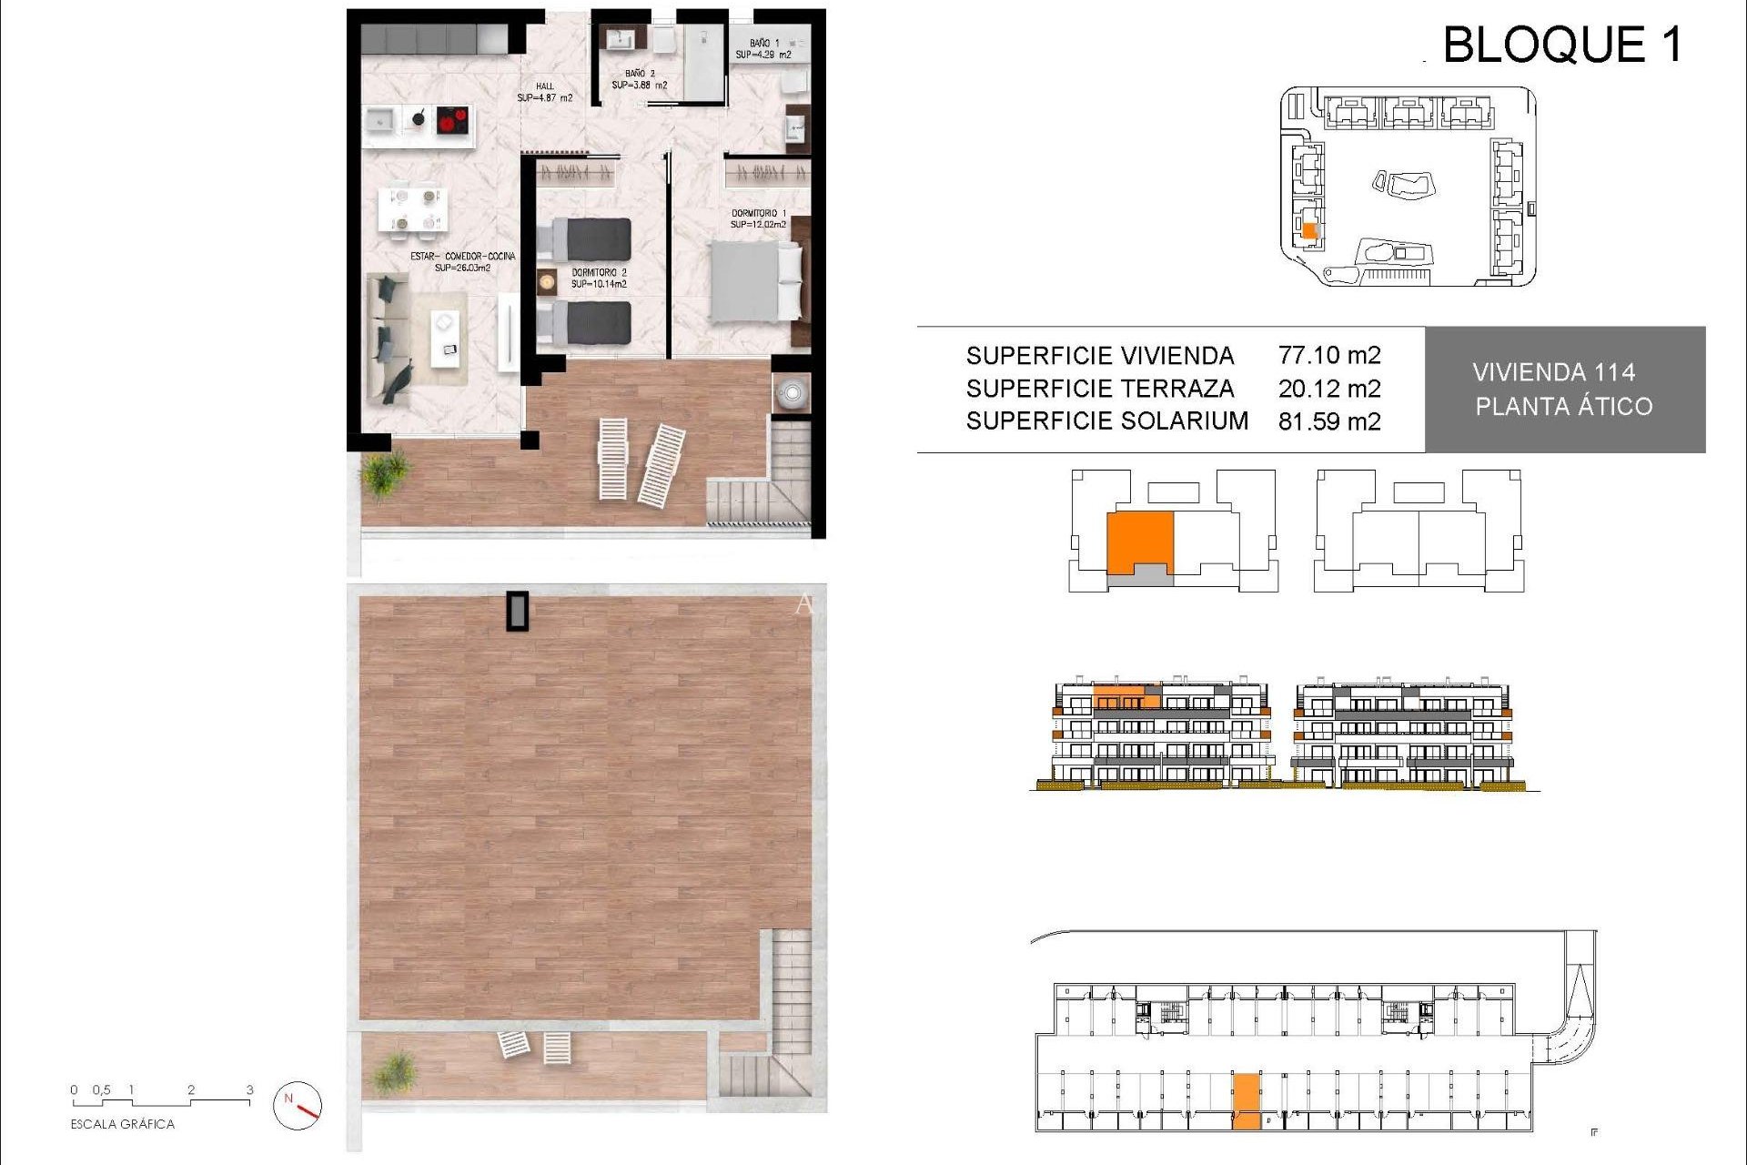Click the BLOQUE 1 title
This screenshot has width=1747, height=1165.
(1562, 44)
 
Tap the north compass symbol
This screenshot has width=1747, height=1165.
(298, 1105)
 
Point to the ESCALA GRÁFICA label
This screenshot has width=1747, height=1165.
(122, 1124)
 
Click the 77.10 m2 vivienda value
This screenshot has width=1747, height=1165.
(1329, 355)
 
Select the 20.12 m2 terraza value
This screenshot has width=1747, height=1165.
(1329, 389)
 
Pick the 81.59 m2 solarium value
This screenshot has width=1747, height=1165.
(1329, 421)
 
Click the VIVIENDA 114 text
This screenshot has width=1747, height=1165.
(1553, 372)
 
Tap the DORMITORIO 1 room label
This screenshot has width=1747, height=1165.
(759, 214)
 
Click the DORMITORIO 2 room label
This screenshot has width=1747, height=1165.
(599, 273)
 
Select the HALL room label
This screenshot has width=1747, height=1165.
(545, 86)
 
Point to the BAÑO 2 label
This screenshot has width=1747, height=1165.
(640, 74)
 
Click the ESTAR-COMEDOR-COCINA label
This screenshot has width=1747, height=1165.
(462, 257)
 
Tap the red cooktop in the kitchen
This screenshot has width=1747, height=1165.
(452, 120)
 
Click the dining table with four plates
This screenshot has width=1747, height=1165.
(412, 208)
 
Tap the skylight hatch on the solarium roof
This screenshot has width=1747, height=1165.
(517, 611)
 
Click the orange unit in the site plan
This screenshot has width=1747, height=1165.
(1309, 231)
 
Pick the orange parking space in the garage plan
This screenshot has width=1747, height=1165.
(1247, 1101)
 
